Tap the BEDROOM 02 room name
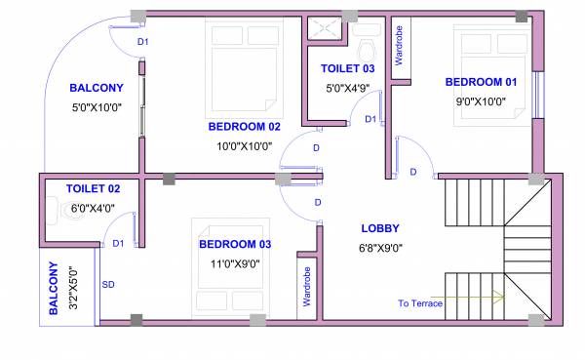(x=244, y=127)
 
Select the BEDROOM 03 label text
(x=235, y=244)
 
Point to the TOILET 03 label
(x=347, y=68)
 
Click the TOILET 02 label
(x=93, y=188)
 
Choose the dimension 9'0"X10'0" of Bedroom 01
(x=483, y=100)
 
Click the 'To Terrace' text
(x=420, y=303)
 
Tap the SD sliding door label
(x=108, y=285)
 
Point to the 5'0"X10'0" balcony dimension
(x=96, y=107)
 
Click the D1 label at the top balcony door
(x=142, y=41)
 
